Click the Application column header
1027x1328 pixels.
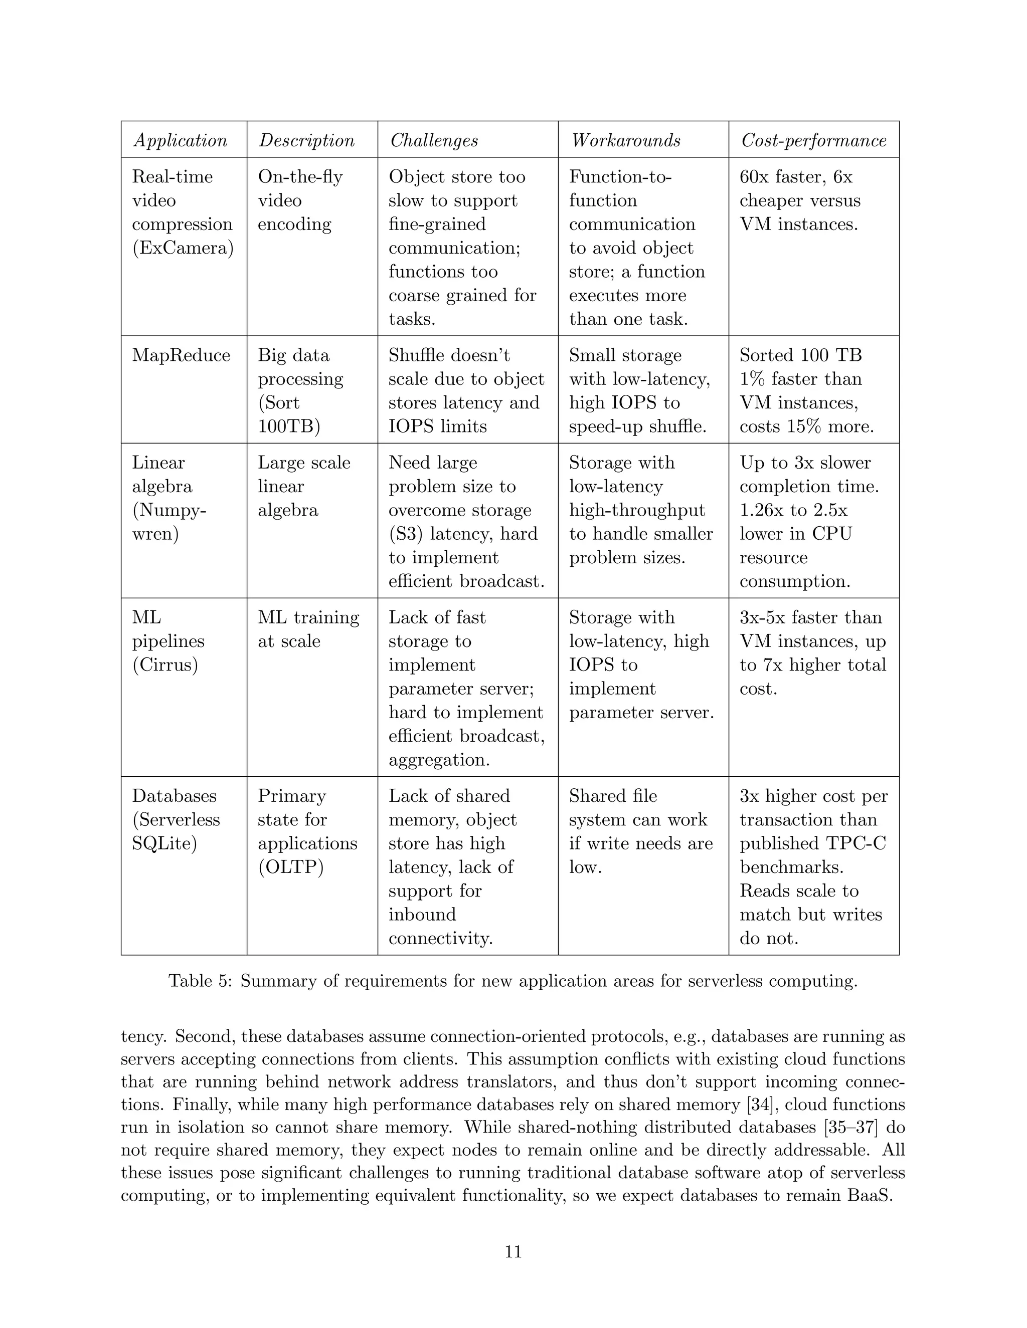click(x=181, y=140)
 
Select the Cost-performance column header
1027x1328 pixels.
click(x=813, y=140)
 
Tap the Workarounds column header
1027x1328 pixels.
click(x=626, y=140)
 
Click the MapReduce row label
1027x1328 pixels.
click(x=182, y=355)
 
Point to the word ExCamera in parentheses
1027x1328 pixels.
click(x=183, y=248)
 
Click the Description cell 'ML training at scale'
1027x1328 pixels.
click(x=308, y=629)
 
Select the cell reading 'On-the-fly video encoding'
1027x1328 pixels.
click(x=300, y=200)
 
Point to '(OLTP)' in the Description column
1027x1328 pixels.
click(x=291, y=867)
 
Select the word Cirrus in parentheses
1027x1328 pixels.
click(x=165, y=665)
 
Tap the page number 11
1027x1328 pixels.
click(x=513, y=1251)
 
